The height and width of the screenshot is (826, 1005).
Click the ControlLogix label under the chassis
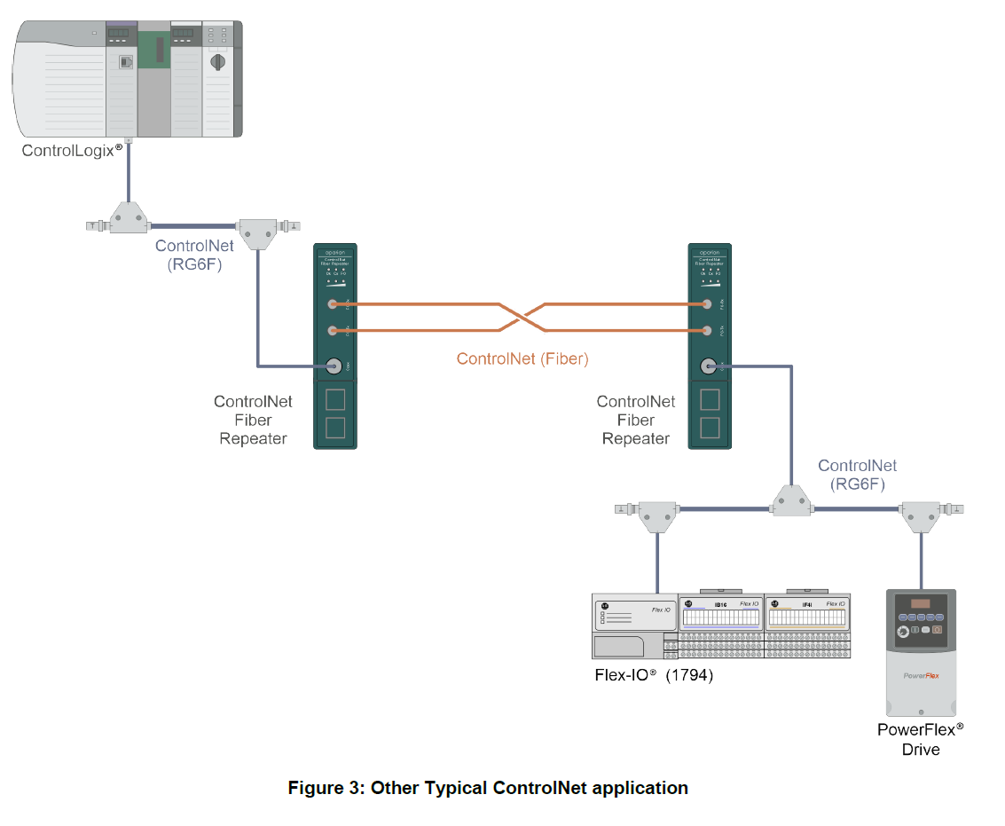pos(72,150)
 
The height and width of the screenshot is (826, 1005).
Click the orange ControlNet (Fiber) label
pos(522,358)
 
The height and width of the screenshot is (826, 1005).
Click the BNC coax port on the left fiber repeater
pos(334,365)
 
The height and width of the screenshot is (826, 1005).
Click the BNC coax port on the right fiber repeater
pos(708,365)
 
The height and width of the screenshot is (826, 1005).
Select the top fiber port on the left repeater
pos(334,304)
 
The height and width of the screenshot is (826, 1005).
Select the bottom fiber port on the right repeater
pos(708,331)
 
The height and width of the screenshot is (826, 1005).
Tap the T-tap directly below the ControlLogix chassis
pos(129,216)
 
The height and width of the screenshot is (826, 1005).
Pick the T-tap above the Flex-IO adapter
pos(657,515)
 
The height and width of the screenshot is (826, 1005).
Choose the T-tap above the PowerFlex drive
pos(921,515)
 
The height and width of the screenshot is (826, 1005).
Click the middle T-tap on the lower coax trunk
pos(789,500)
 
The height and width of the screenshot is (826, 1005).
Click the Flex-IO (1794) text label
pos(654,674)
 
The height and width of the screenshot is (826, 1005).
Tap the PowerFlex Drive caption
pos(920,739)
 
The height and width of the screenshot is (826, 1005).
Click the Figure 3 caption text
pos(488,787)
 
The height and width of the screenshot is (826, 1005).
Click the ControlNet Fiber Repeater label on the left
pos(253,420)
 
